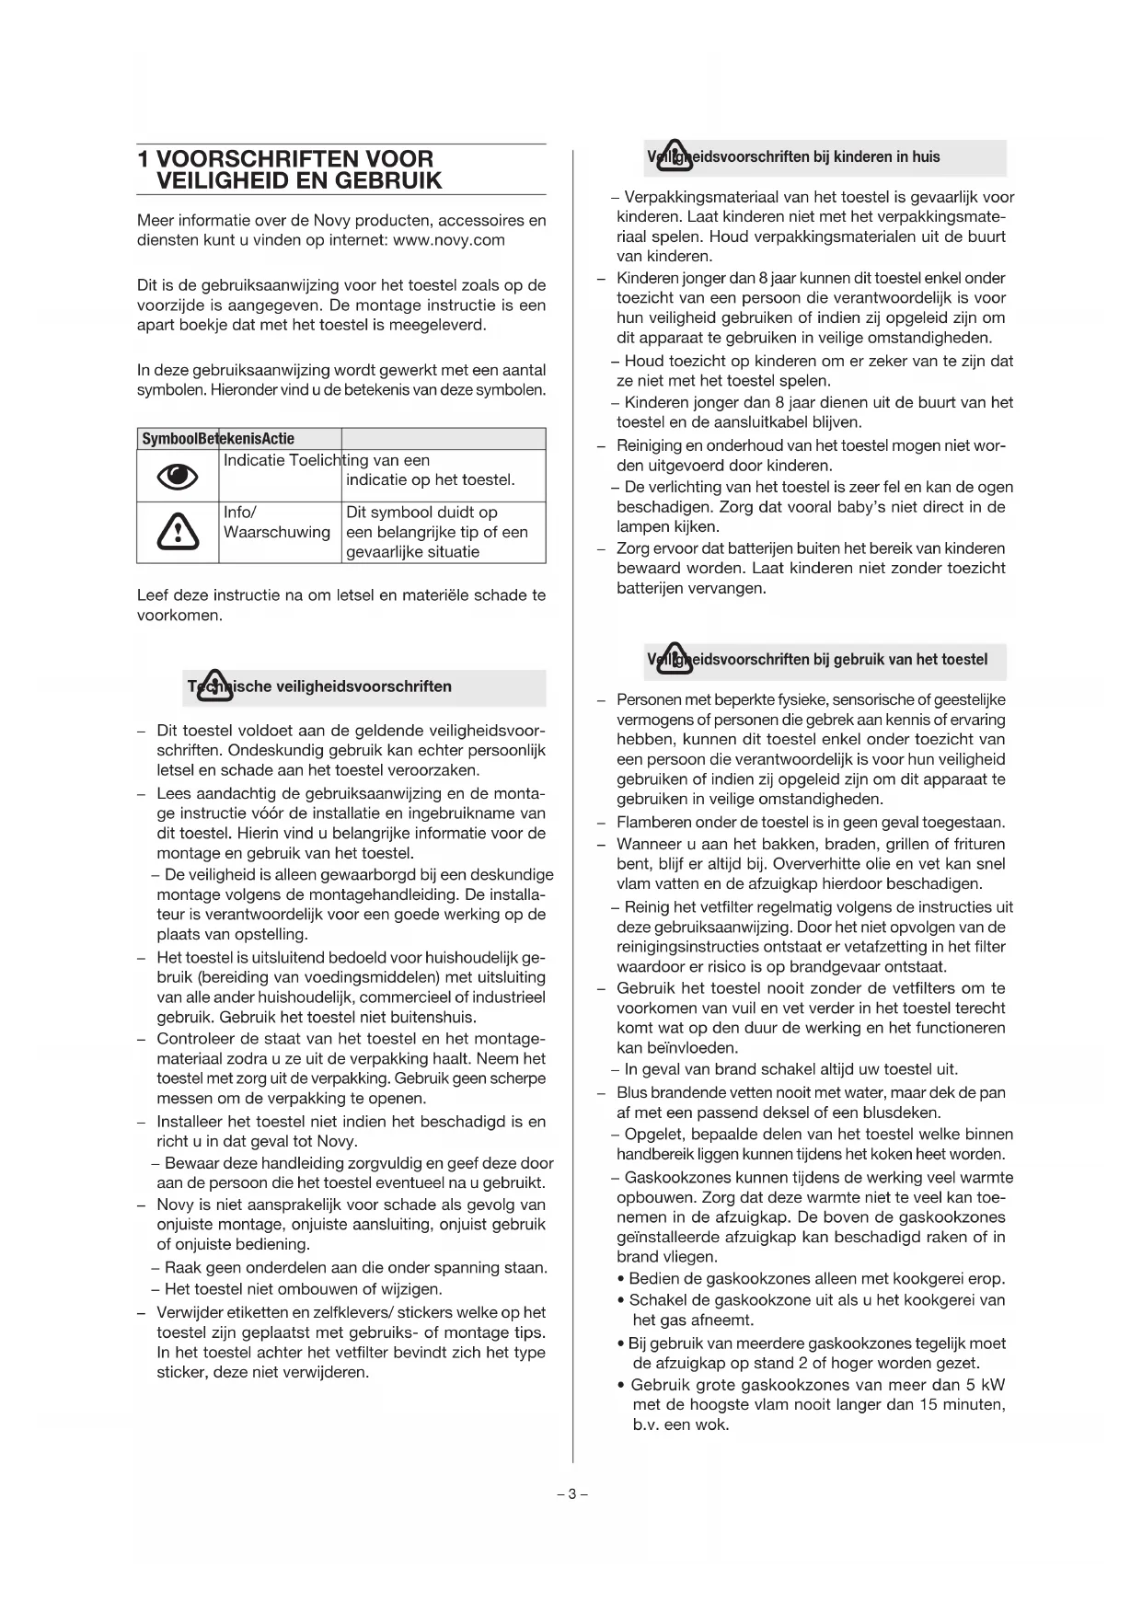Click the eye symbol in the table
coord(178,476)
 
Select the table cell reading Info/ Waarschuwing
coord(277,523)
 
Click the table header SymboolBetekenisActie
coord(218,439)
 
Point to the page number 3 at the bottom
coord(571,1493)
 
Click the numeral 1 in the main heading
coord(143,158)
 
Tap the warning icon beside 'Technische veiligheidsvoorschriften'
coord(214,686)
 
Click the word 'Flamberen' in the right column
coord(652,822)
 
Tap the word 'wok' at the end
coord(714,1424)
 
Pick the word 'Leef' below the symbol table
coord(154,595)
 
